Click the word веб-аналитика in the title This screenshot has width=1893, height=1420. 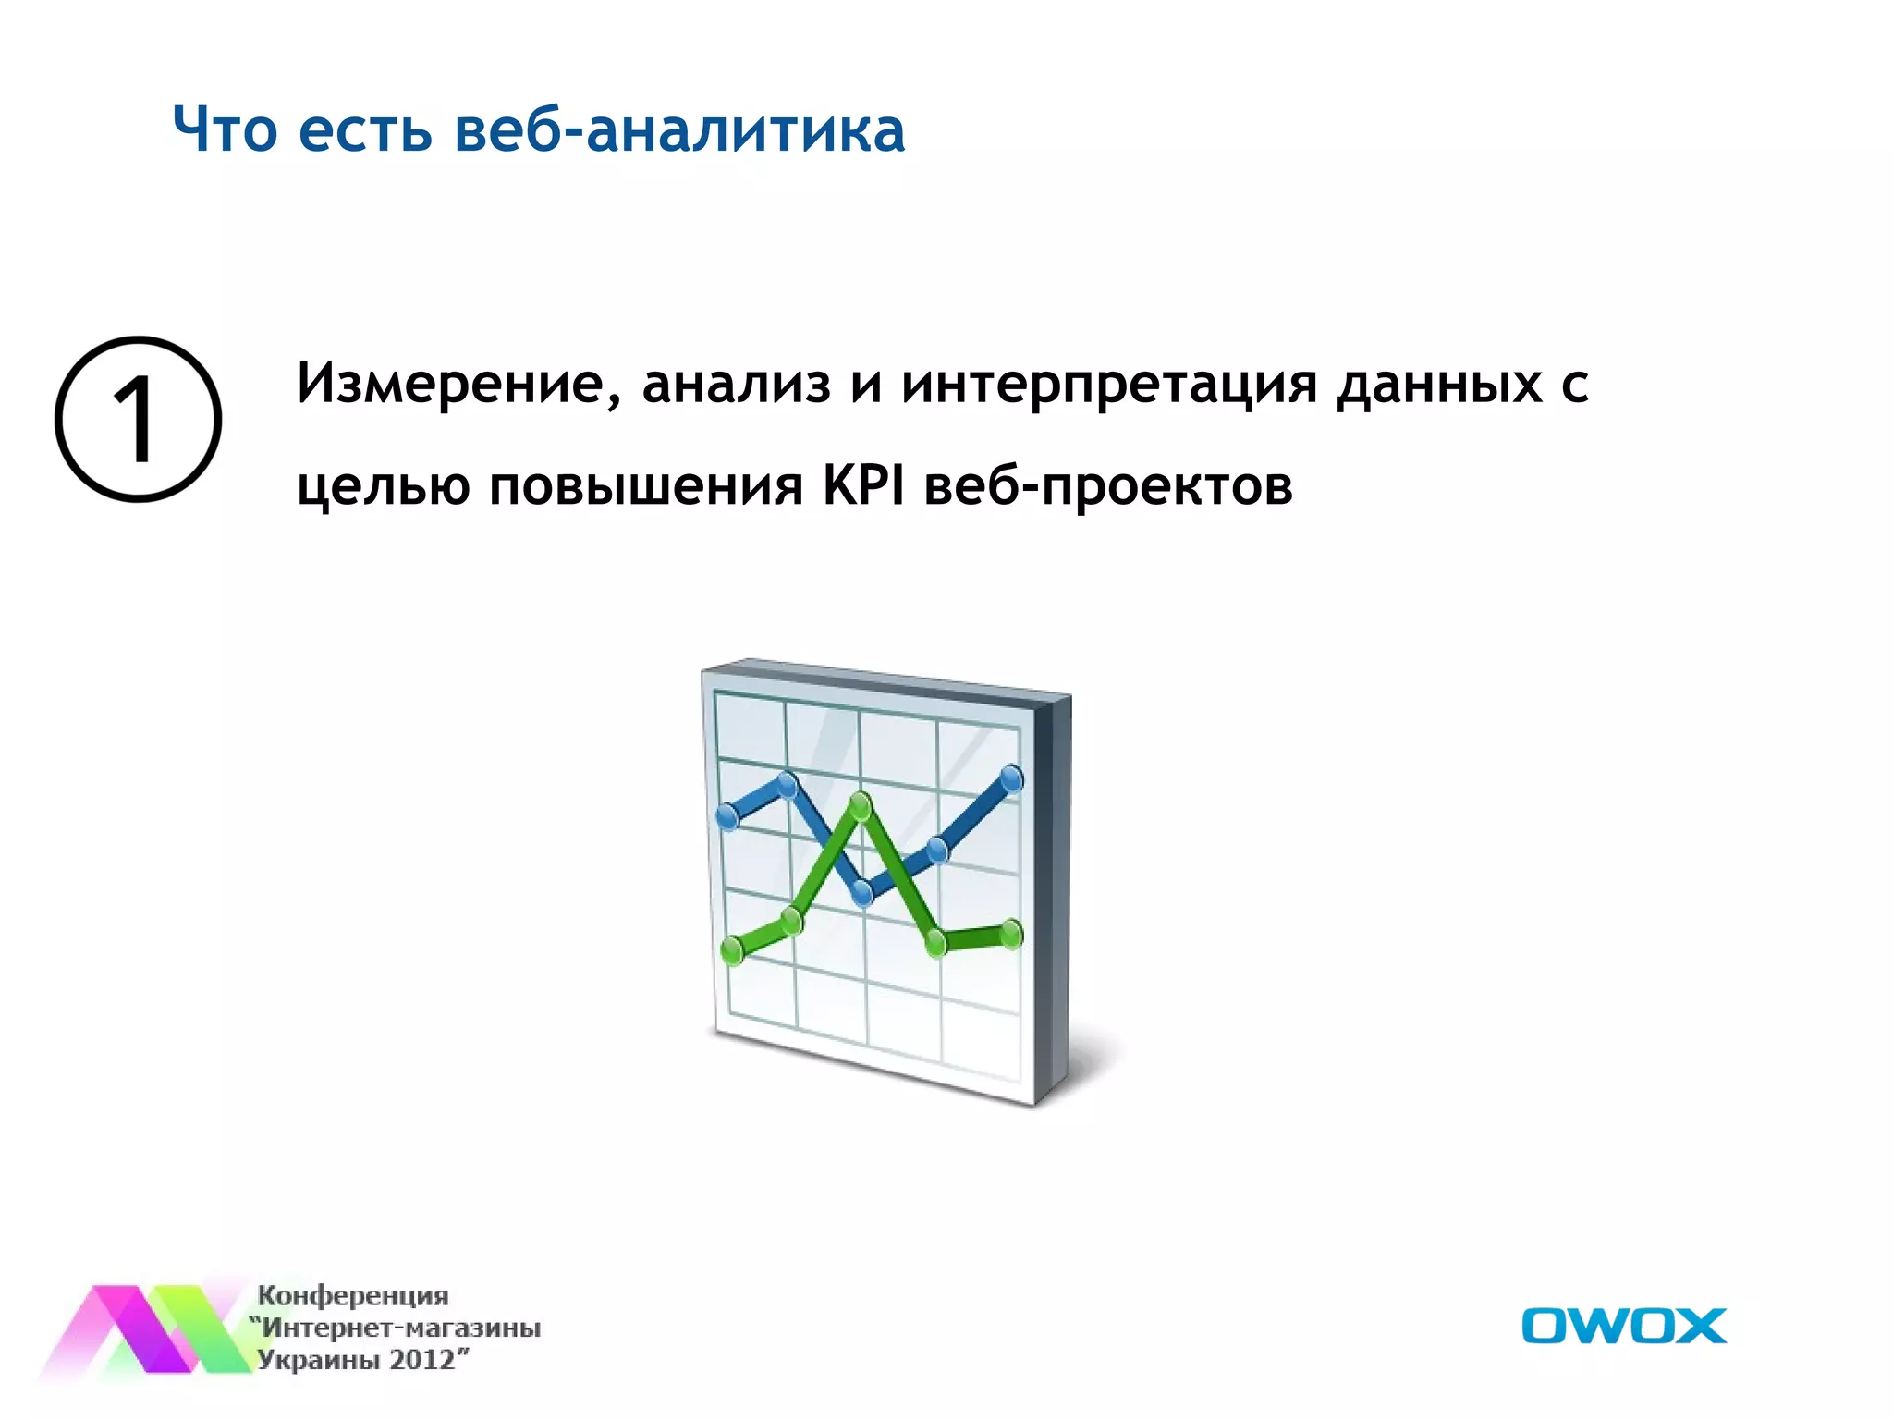679,130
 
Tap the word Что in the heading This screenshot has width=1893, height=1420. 225,130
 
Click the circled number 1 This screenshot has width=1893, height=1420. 138,420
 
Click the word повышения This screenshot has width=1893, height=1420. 645,487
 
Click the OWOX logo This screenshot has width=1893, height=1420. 1623,1326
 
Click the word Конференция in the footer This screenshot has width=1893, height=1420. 352,1295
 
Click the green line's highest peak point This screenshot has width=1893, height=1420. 861,806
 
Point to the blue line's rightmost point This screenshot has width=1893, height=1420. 1012,779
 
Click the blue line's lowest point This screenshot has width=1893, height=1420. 862,893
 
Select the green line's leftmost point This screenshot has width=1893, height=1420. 731,949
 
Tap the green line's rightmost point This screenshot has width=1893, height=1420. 1012,935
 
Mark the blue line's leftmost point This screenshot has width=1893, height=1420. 728,816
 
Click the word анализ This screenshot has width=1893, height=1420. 737,384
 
